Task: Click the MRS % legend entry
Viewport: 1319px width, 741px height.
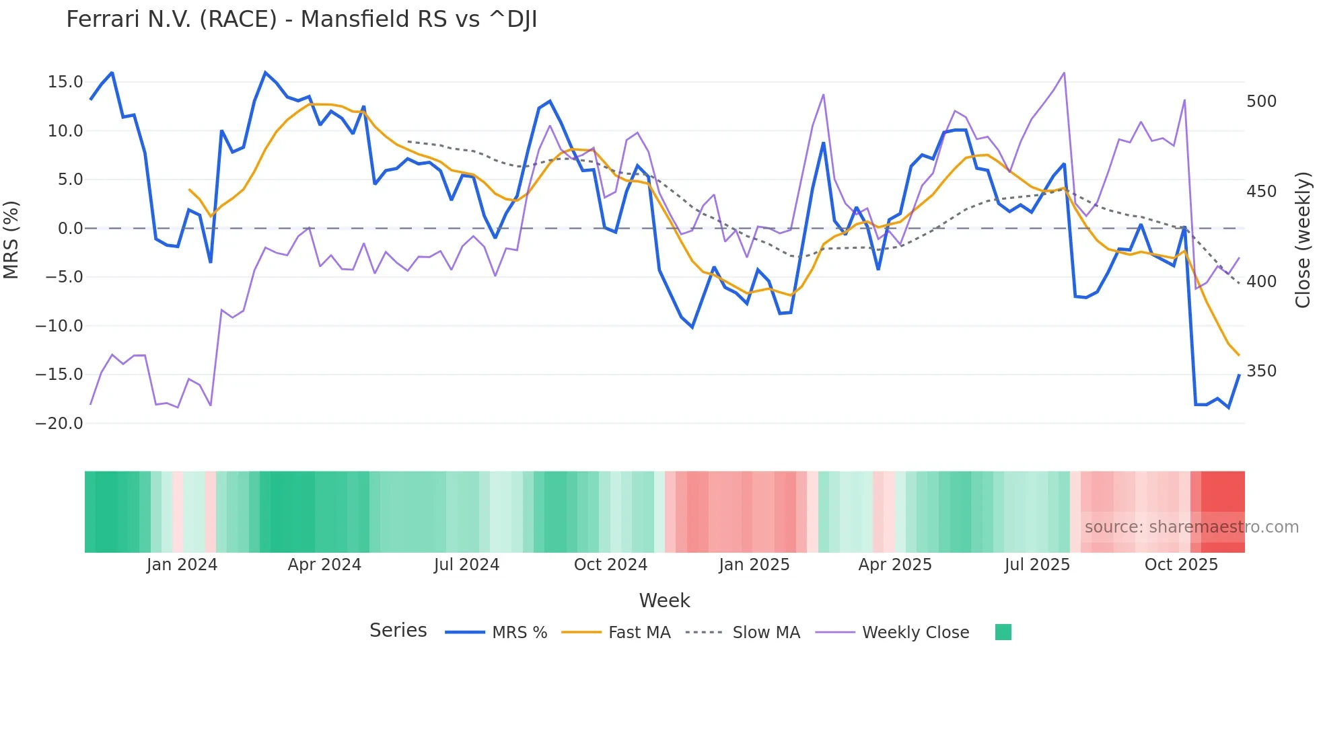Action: (519, 633)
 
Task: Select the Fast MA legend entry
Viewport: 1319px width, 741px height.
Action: (639, 633)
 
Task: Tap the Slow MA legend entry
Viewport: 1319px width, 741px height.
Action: (766, 633)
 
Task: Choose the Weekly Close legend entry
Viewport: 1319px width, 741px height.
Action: (915, 633)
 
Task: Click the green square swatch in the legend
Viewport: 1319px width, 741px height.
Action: (1003, 632)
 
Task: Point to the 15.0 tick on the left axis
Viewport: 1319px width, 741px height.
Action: (65, 82)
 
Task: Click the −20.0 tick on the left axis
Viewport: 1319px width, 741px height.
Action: (59, 424)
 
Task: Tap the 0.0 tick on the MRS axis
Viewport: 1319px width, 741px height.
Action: (70, 229)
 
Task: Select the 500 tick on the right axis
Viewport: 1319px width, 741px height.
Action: (1261, 102)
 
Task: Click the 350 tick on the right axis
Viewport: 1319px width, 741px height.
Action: (1261, 371)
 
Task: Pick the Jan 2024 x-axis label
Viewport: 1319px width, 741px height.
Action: (182, 565)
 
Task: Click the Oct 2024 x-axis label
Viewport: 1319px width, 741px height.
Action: (610, 565)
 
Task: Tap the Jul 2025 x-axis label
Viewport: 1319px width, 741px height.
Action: (1037, 565)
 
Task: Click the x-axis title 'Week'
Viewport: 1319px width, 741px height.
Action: (664, 600)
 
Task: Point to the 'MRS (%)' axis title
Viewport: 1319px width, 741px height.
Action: (11, 240)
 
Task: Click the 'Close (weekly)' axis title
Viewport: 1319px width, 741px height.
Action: (1304, 240)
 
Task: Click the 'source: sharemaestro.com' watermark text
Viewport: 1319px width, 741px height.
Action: (1191, 527)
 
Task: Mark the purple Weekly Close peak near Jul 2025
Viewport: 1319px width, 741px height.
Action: (1064, 73)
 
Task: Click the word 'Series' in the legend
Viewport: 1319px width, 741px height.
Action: (398, 631)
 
